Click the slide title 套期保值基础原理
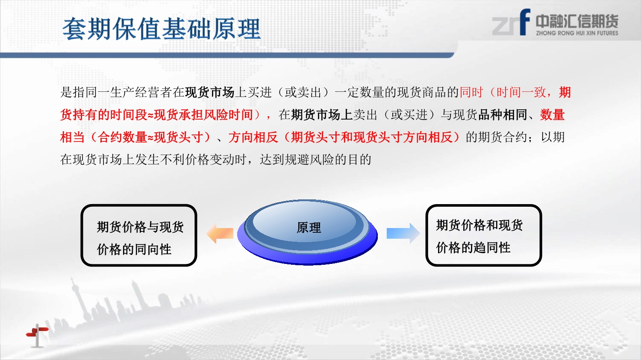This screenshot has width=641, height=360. (162, 29)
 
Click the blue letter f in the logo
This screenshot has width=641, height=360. (525, 22)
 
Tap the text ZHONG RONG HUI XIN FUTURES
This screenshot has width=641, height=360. (577, 33)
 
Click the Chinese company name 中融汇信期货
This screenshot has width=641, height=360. (577, 21)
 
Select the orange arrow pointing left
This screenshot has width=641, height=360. (220, 233)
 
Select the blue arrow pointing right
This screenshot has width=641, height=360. (403, 233)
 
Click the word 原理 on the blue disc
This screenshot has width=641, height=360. (309, 228)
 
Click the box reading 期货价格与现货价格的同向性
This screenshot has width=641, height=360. (139, 235)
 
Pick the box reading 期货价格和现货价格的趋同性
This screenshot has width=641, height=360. (484, 235)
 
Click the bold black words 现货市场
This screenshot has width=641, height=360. (209, 92)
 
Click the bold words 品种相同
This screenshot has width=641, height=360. (503, 115)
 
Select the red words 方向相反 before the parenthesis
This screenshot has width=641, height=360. (253, 137)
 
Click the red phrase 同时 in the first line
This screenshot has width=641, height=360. (471, 92)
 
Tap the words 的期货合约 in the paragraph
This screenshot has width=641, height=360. (497, 137)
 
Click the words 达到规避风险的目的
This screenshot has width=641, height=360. (315, 160)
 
